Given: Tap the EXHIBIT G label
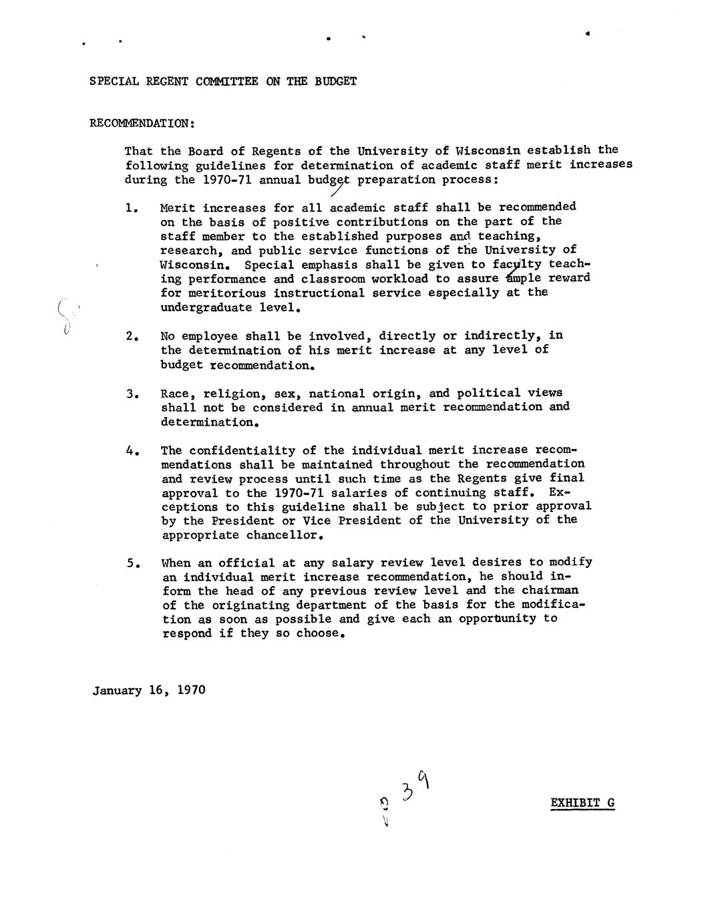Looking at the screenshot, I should (x=582, y=802).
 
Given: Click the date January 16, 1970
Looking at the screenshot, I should (x=149, y=690).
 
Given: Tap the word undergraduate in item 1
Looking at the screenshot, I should (x=202, y=307).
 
